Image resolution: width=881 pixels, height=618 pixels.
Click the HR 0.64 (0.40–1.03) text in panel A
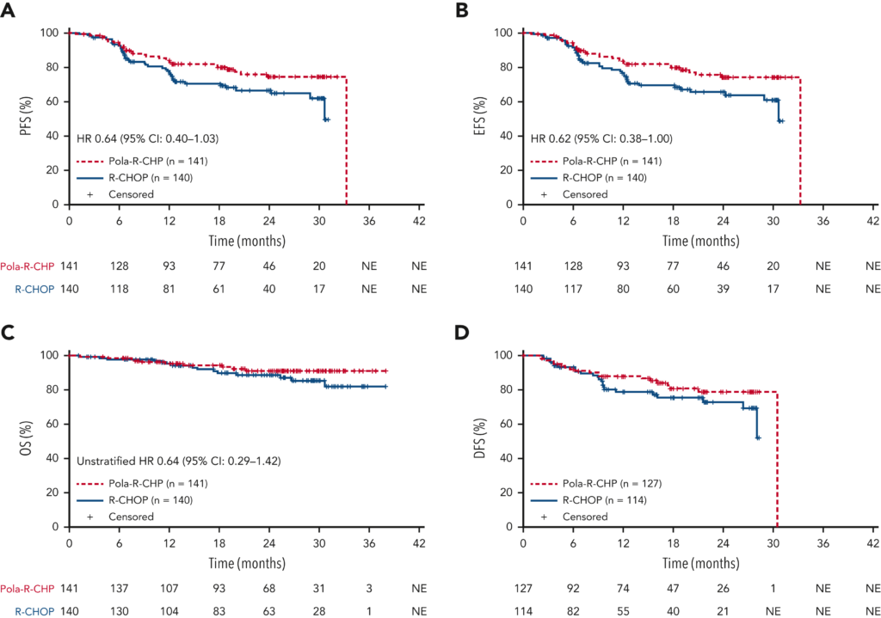(x=147, y=138)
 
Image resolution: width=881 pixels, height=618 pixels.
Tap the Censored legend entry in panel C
(x=131, y=517)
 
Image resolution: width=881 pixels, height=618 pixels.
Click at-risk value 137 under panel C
(x=119, y=587)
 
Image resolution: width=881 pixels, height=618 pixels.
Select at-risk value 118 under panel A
(x=119, y=290)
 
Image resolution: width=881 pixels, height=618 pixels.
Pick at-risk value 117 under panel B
(x=573, y=290)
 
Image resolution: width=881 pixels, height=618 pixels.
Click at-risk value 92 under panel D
(x=573, y=587)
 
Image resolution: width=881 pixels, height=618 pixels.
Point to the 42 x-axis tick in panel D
(x=873, y=542)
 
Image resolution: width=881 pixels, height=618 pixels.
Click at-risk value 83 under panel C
(x=219, y=611)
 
